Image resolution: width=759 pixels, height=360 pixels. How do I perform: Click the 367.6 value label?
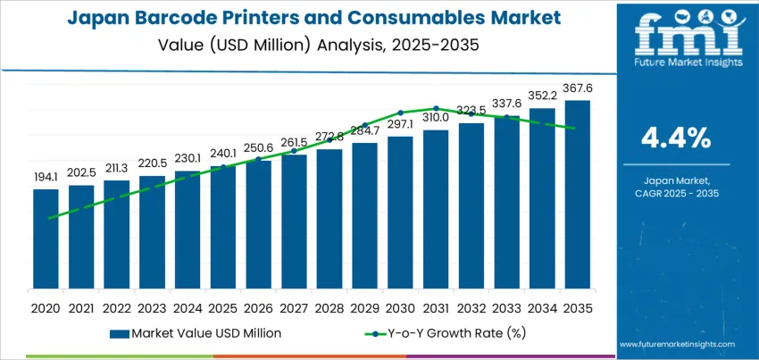(x=577, y=87)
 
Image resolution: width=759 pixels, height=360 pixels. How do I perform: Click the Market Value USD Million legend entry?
(x=196, y=333)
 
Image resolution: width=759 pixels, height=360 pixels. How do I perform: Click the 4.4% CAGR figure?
(x=676, y=138)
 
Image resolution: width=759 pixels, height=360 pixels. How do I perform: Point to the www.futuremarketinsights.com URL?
(x=676, y=344)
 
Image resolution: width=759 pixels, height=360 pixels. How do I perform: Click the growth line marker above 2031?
(x=436, y=108)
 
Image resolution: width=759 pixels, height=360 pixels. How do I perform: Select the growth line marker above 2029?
(x=364, y=125)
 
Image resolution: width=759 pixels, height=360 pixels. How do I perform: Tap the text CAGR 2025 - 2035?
(x=676, y=193)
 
